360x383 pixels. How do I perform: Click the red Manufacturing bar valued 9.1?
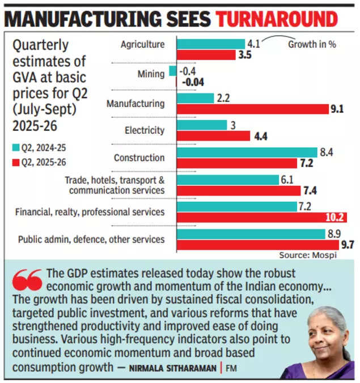coord(253,109)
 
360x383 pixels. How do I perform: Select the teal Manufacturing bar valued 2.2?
coord(195,98)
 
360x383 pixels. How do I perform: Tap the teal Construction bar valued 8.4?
coord(247,152)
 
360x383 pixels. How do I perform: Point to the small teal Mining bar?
coord(173,71)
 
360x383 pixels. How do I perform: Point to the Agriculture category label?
coord(143,44)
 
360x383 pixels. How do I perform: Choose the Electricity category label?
coord(145,130)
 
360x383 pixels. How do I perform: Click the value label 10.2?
coord(334,218)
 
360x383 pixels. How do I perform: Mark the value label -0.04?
coord(192,82)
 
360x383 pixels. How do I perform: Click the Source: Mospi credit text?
coord(315,256)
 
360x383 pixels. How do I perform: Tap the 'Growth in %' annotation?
coord(312,44)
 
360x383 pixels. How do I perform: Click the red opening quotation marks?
coord(27,279)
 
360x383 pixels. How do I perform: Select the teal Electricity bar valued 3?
coord(202,125)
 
